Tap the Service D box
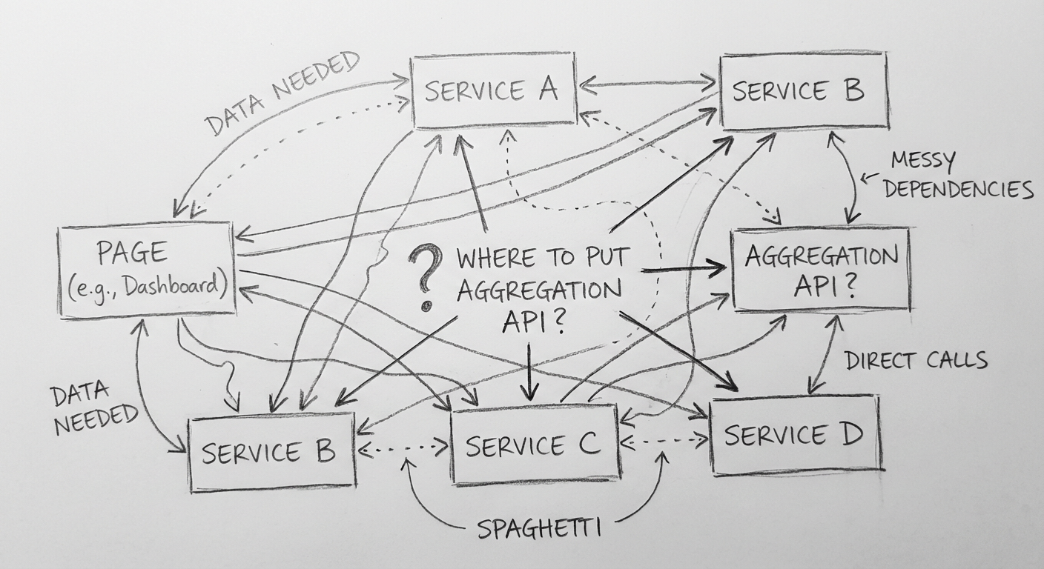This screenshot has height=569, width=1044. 795,436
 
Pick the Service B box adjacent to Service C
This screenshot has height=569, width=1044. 271,453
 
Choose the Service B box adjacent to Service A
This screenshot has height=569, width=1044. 804,90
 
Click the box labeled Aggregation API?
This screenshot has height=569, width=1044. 821,269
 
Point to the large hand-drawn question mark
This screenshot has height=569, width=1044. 425,278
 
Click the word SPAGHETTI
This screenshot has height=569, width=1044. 538,529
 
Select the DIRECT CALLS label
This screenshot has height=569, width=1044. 916,361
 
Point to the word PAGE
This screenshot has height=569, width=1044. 132,253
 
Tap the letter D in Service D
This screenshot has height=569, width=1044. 850,434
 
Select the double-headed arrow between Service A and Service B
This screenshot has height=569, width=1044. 648,84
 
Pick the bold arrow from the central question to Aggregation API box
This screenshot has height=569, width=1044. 682,269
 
